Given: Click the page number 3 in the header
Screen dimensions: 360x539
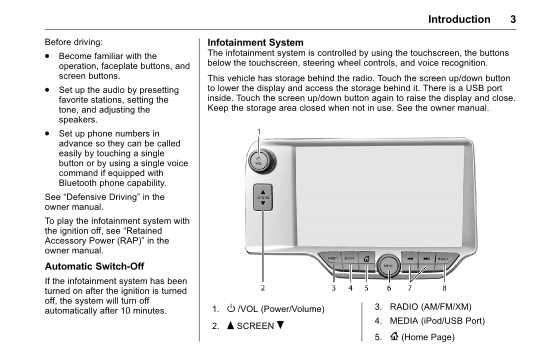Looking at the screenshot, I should click(x=512, y=19).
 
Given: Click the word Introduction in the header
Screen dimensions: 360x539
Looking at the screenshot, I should click(x=459, y=19).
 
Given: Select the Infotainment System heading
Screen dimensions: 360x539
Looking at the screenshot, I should click(x=255, y=42).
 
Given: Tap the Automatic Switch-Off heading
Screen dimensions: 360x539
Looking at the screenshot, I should click(x=94, y=266).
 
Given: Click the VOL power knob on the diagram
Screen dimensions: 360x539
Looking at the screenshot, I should click(x=259, y=160).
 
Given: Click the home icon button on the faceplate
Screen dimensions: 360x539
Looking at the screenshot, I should click(x=366, y=259).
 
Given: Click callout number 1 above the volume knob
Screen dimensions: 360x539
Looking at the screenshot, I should click(x=259, y=131).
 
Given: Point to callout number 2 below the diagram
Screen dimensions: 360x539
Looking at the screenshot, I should click(x=262, y=287).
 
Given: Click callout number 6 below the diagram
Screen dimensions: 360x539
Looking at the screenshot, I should click(x=388, y=288).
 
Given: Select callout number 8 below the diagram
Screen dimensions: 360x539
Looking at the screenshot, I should click(x=444, y=288).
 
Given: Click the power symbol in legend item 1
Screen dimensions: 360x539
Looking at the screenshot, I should click(x=231, y=308).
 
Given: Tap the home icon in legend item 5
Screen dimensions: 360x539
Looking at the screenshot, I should click(x=394, y=337).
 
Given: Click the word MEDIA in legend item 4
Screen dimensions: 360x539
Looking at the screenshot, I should click(x=404, y=321).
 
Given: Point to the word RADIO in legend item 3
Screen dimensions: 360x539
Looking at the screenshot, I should click(x=404, y=307).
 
